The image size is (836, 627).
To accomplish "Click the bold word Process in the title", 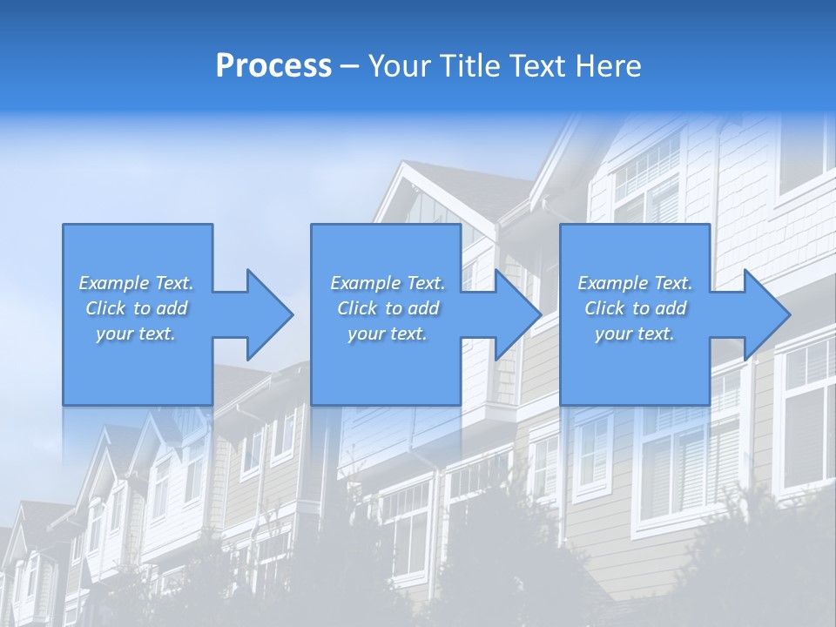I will point(273,66).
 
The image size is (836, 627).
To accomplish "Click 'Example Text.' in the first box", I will point(136,283).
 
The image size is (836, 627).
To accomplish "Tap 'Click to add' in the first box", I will point(136,308).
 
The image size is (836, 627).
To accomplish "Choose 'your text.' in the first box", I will point(136,334).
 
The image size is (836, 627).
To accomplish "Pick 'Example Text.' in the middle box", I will point(388,283).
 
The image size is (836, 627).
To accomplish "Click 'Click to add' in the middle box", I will point(388,308).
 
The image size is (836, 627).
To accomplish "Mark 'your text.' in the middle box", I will point(388,334).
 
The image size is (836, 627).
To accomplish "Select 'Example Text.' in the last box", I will point(635,283).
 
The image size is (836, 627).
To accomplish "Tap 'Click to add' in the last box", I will point(635,308).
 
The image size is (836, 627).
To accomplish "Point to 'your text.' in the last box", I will point(635,334).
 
